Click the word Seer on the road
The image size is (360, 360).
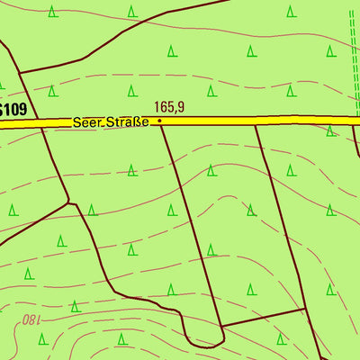88,121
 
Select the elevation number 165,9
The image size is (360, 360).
168,106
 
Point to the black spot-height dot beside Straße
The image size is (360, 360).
159,120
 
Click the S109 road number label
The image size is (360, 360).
13,109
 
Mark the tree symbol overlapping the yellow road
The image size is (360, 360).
330,129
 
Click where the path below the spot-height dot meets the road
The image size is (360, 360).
163,126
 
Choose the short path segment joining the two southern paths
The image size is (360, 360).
265,317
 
